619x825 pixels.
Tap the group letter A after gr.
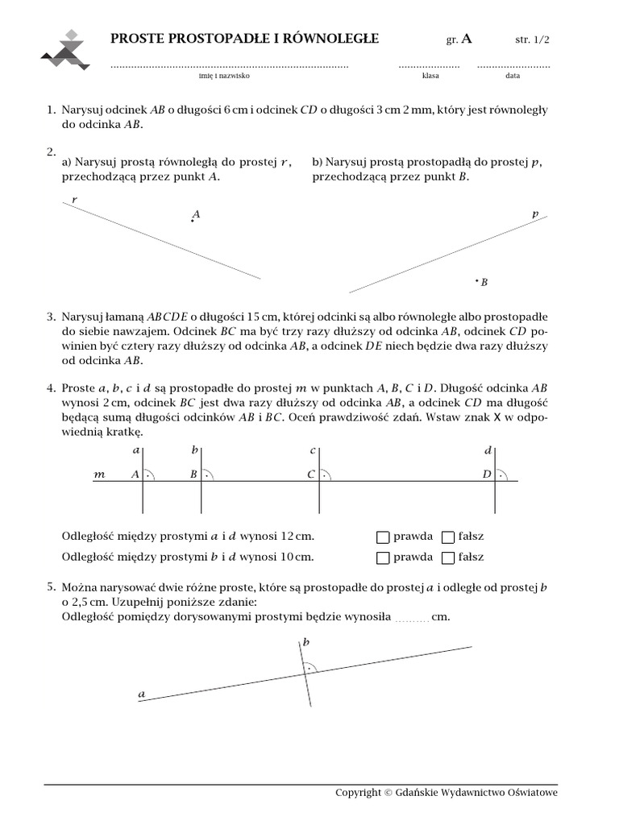coord(467,39)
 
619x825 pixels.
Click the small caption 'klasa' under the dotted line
coord(430,76)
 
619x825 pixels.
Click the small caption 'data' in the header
coord(513,76)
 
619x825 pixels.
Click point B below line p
coord(477,281)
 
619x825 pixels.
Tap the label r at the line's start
coord(74,198)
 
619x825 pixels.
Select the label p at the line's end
coord(535,214)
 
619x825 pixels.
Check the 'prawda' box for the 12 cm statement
coord(383,537)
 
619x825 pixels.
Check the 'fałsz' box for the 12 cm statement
coord(448,537)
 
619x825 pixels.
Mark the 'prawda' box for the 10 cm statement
coord(383,557)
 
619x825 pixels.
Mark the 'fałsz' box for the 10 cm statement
coord(448,557)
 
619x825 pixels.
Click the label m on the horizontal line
coord(100,475)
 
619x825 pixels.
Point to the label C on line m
coord(310,475)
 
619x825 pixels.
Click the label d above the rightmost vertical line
coord(488,450)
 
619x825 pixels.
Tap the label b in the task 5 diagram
coord(306,642)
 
